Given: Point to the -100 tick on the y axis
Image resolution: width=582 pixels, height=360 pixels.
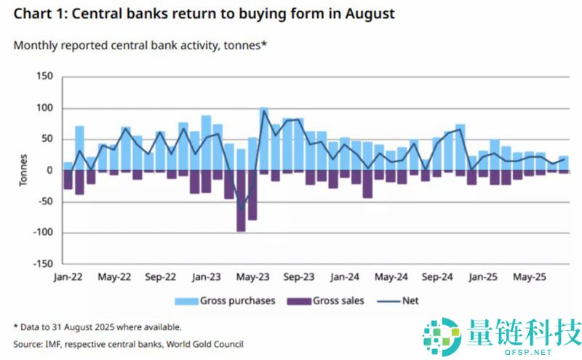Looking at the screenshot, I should point(42,233).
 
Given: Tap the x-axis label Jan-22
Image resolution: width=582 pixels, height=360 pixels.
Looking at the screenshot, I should point(68,277).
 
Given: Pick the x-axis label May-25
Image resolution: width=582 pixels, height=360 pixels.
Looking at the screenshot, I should point(530,277).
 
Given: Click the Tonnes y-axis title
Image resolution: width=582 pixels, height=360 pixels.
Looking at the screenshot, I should point(23,171).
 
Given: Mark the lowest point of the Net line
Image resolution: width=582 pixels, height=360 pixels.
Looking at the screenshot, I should point(241,209).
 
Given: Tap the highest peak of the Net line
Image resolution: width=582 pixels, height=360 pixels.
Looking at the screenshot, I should point(263,111).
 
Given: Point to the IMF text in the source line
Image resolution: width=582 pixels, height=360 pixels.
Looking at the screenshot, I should point(57,343).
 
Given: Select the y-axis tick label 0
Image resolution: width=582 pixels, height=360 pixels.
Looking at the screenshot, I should point(51,170).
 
